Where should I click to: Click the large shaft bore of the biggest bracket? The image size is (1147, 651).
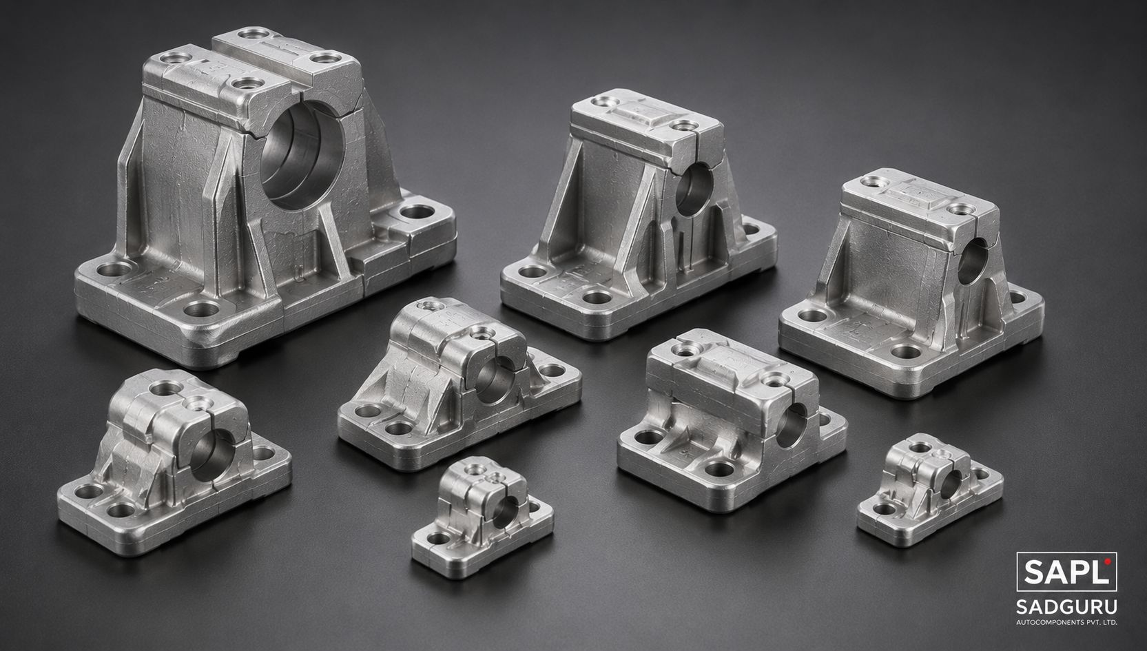click(303, 154)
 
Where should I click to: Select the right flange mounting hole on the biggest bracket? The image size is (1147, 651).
click(417, 211)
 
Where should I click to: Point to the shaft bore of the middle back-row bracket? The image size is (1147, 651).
click(693, 189)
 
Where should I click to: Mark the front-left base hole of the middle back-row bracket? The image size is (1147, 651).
click(533, 271)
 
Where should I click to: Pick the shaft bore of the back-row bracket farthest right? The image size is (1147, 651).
click(972, 261)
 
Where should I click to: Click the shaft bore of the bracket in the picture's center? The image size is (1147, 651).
click(494, 380)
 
